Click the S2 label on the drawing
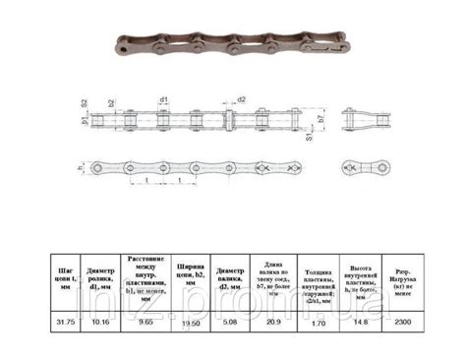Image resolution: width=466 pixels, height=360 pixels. [85, 102]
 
